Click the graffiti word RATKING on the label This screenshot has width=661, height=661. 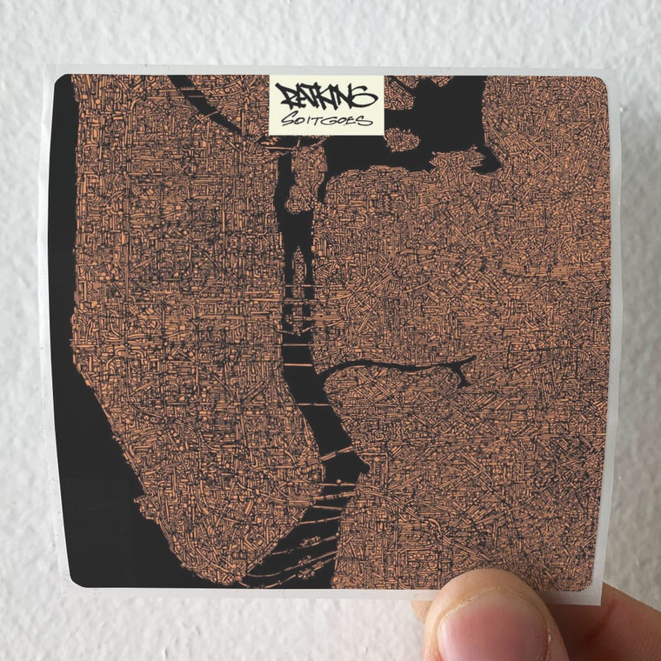click(x=325, y=91)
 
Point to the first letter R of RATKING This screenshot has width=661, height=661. click(x=285, y=93)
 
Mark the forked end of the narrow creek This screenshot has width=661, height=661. click(x=461, y=376)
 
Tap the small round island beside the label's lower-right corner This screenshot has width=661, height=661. click(x=399, y=138)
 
